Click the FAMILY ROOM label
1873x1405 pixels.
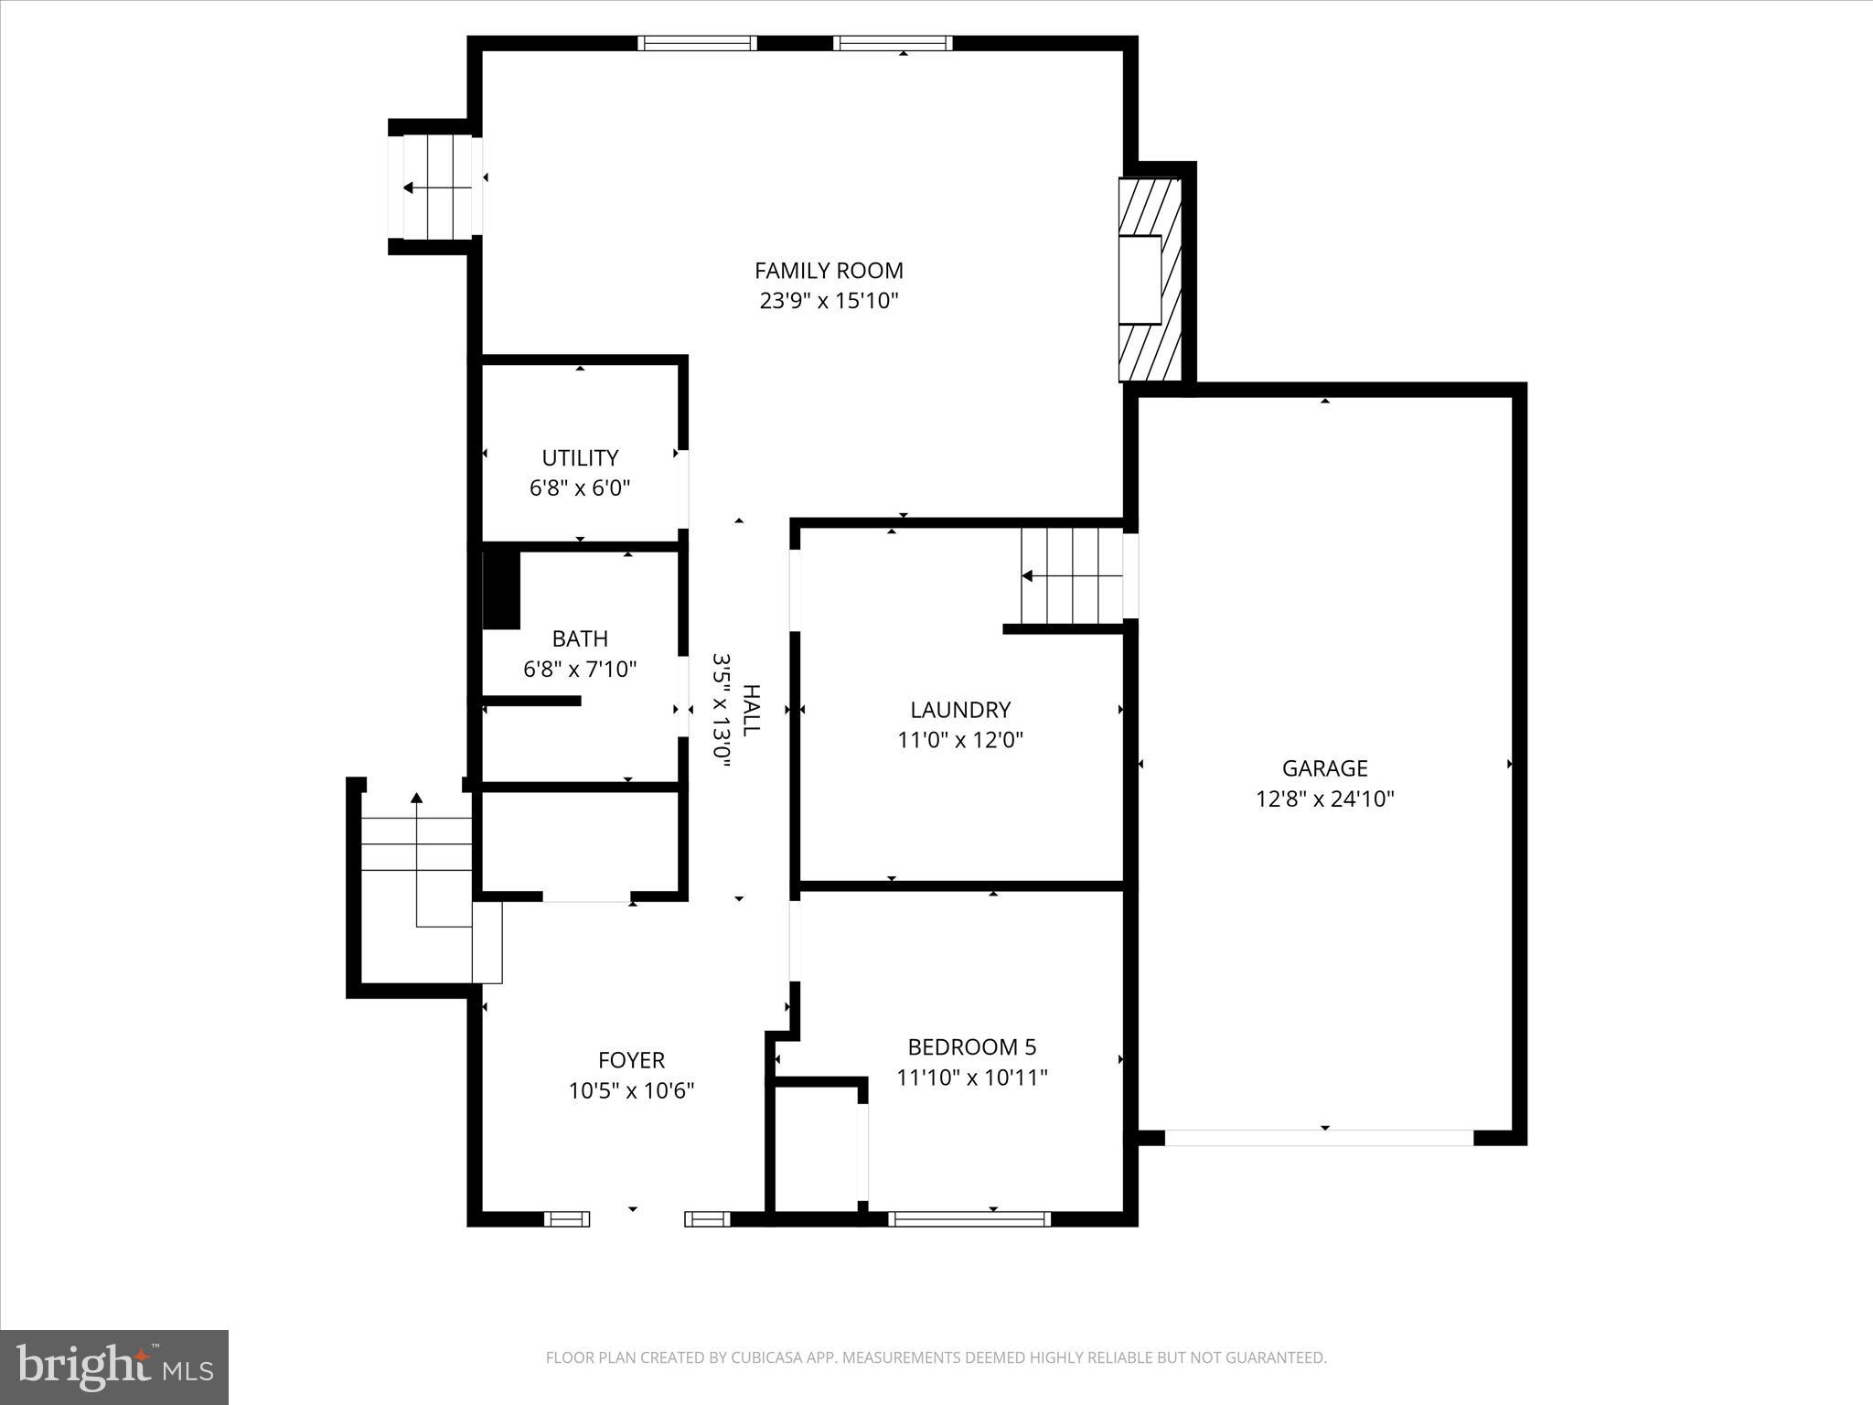tap(829, 271)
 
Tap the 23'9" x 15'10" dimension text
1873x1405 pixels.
tap(829, 301)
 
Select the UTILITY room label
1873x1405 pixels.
tap(580, 457)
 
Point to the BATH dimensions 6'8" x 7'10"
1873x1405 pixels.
tap(580, 670)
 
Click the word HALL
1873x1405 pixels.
tap(750, 710)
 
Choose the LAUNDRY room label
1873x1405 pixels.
tap(960, 710)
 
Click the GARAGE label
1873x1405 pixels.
tap(1324, 768)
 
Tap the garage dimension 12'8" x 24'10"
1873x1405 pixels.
tap(1324, 799)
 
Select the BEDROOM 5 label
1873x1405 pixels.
tap(971, 1046)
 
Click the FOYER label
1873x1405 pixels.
tap(631, 1060)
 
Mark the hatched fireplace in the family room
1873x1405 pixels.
tap(1151, 279)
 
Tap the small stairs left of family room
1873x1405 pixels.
tap(437, 188)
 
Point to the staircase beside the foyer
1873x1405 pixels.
tap(417, 878)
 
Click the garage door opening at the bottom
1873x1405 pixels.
tap(1319, 1138)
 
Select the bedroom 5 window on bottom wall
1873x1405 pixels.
tap(969, 1218)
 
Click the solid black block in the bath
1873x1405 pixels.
tap(500, 590)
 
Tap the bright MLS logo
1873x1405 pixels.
tap(114, 1367)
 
